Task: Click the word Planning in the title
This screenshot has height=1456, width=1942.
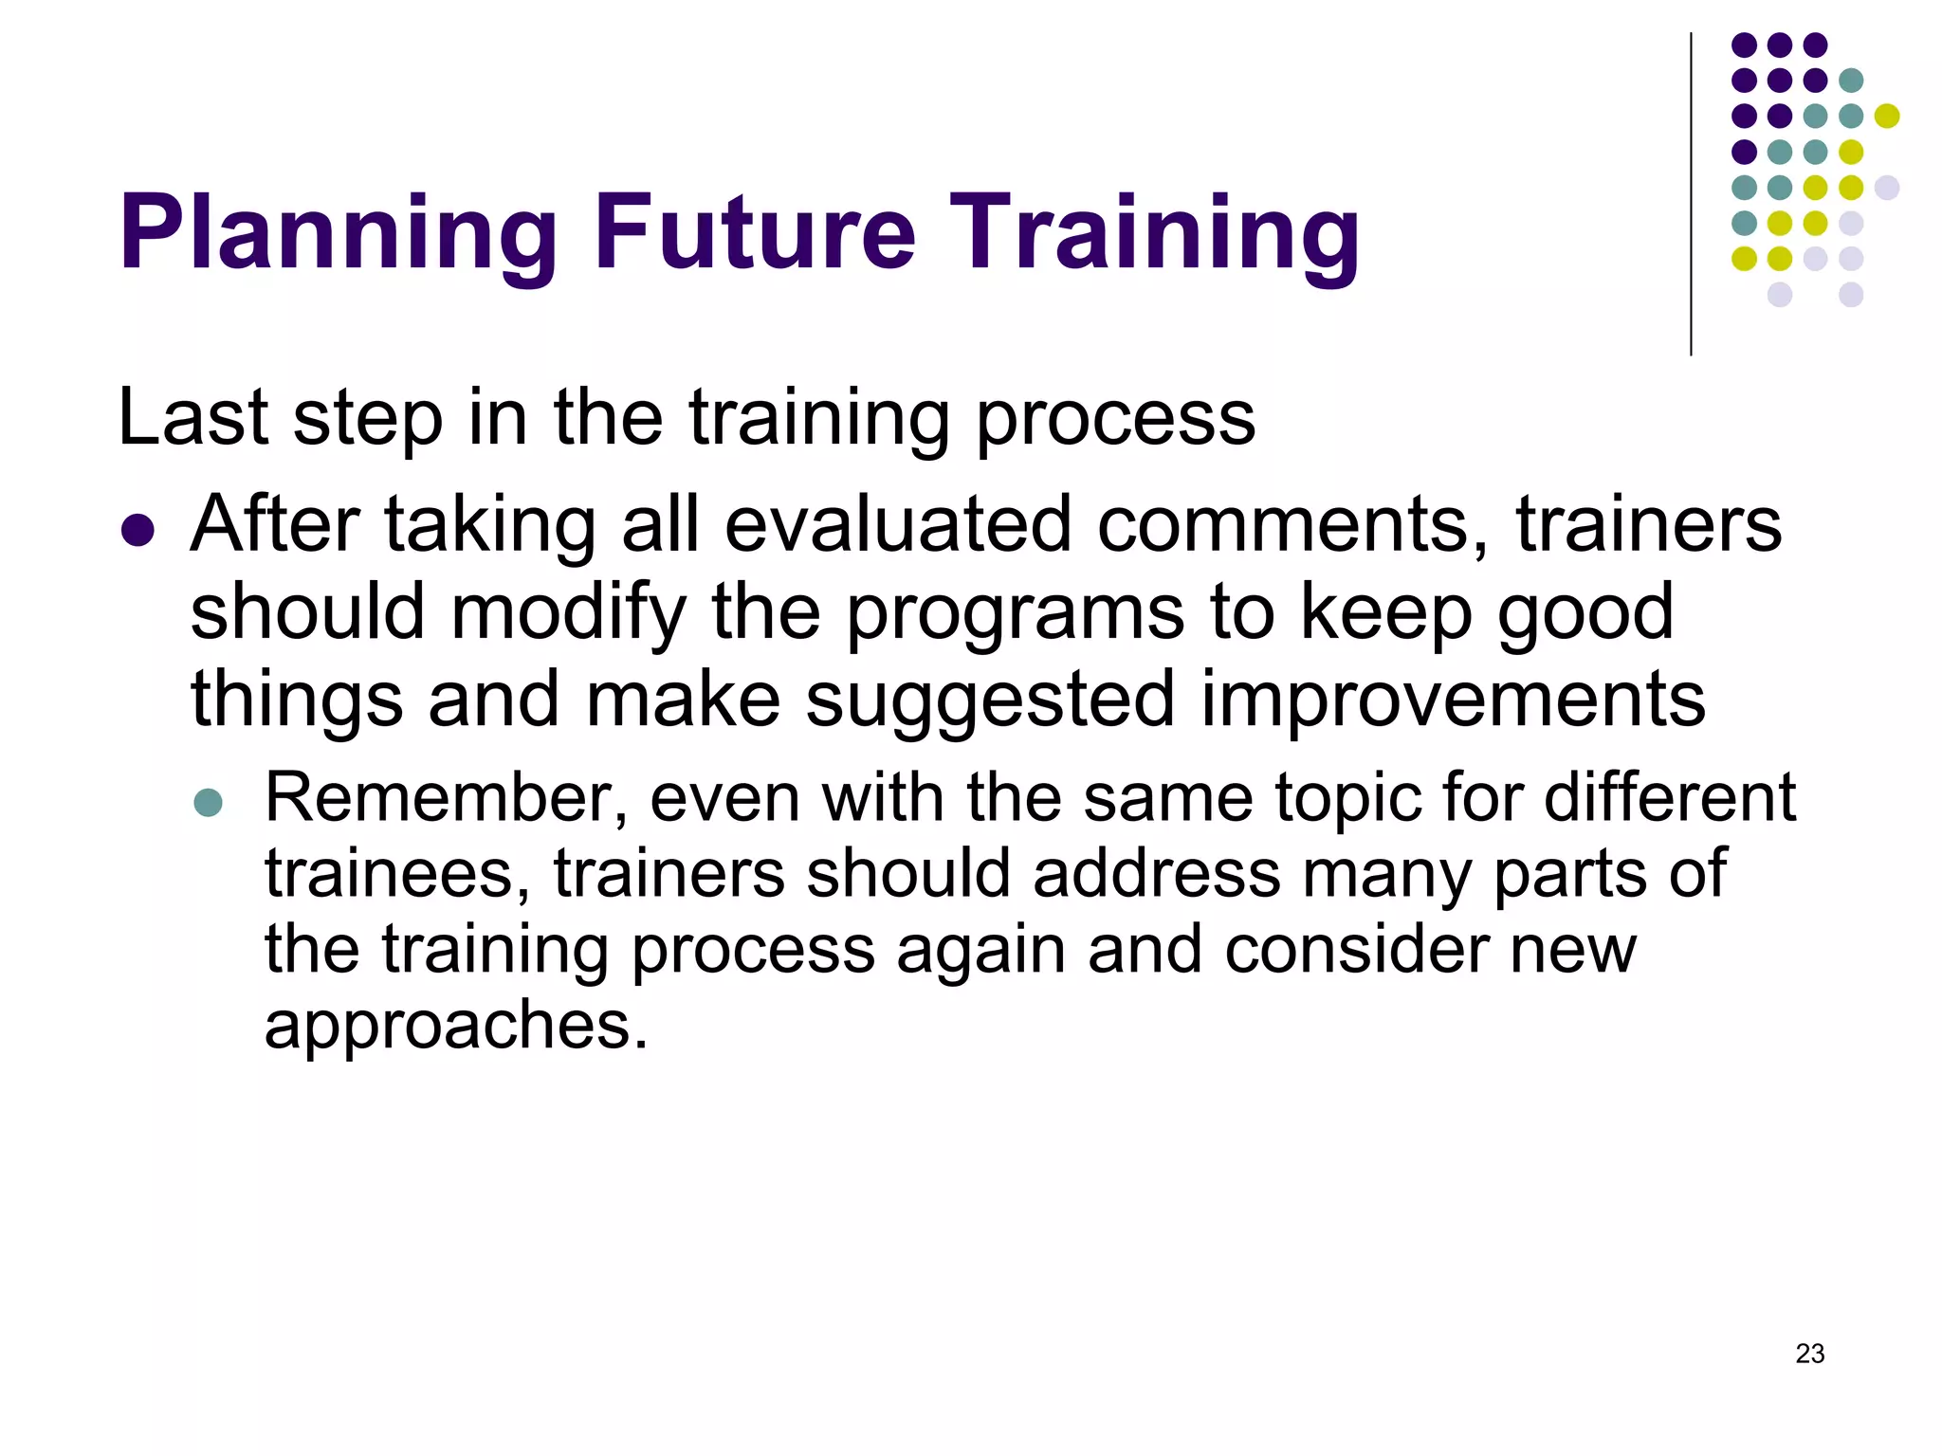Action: click(x=338, y=234)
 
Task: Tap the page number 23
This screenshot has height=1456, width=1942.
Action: click(x=1809, y=1354)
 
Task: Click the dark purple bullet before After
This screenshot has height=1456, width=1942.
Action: click(x=137, y=530)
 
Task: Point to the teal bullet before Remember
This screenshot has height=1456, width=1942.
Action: click(x=208, y=803)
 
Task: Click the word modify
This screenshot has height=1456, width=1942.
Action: click(x=568, y=613)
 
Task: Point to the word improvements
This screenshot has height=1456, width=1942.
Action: click(x=1453, y=700)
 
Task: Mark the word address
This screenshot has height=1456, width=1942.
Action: click(x=1156, y=874)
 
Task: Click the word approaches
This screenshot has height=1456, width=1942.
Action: click(x=456, y=1028)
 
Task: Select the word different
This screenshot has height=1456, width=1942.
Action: click(x=1669, y=798)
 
